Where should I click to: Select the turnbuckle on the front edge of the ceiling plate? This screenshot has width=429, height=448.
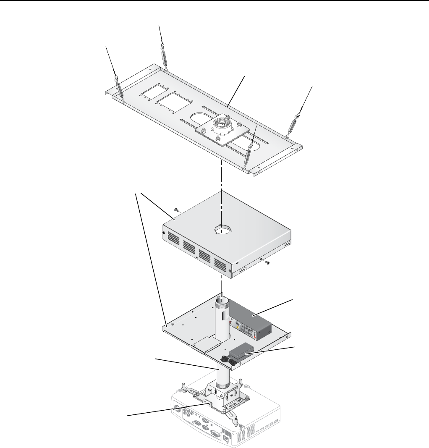point(249,155)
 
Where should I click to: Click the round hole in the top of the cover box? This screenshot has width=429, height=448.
point(224,230)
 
